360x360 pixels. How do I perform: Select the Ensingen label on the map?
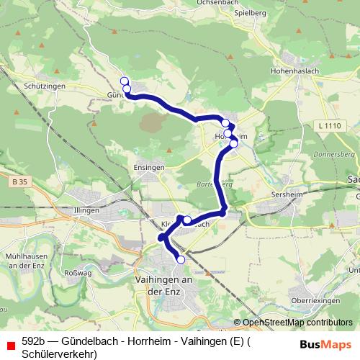coord(149,166)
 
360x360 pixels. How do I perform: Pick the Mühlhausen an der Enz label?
coord(24,261)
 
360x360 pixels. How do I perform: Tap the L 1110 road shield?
coord(328,126)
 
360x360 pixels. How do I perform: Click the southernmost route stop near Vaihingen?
coord(181,259)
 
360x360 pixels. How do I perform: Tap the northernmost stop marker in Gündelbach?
coord(124,81)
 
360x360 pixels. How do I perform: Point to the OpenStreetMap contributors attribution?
coord(297,323)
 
